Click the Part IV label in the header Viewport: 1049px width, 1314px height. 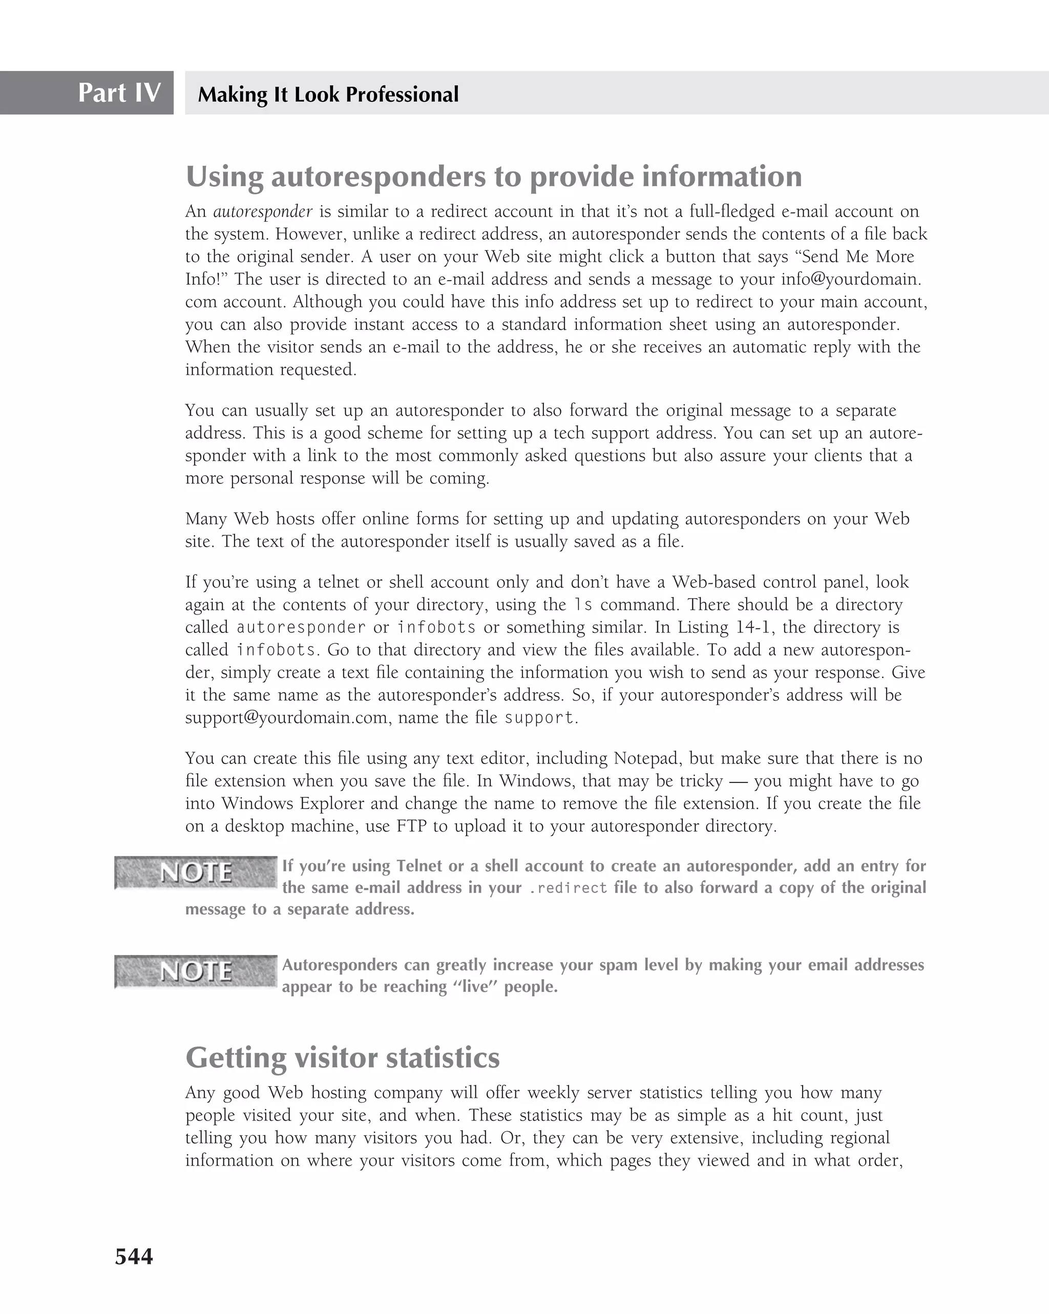pos(119,93)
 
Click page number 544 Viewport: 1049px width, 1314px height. pos(134,1256)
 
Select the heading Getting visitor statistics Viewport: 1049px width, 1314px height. pos(342,1057)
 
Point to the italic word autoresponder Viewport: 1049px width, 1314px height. pos(263,211)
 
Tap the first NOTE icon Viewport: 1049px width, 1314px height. pos(196,872)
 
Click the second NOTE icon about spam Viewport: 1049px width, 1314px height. pos(196,971)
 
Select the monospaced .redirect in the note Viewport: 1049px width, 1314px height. pos(568,888)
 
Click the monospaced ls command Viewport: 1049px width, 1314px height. pos(583,605)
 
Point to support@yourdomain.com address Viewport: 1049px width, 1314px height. pos(286,717)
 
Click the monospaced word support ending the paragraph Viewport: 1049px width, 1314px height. pos(539,718)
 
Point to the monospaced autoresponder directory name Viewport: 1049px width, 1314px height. pos(301,628)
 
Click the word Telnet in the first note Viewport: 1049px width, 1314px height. pos(419,866)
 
